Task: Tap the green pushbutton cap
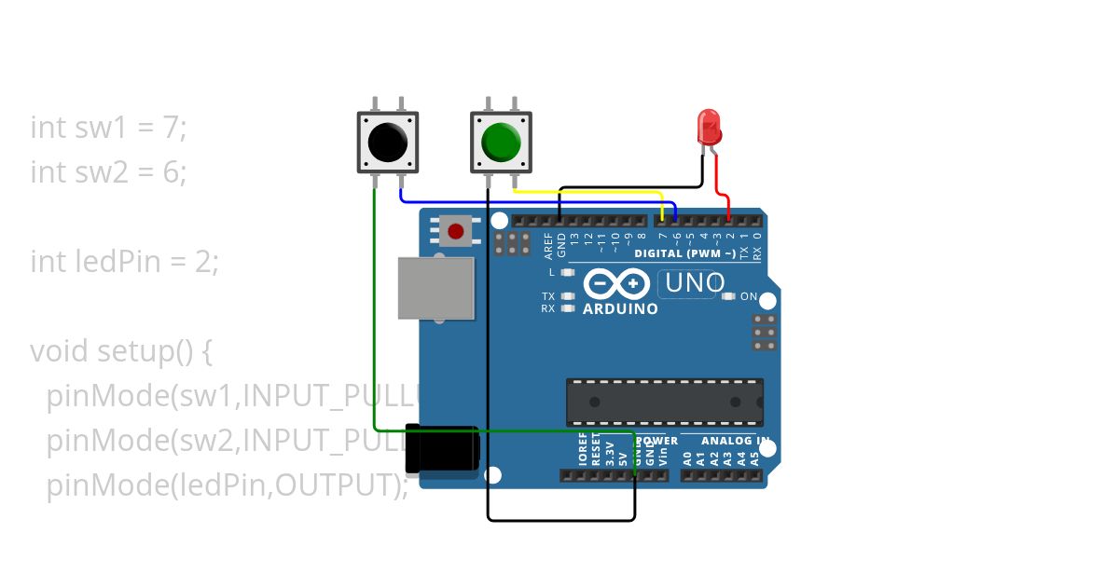501,143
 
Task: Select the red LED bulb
709,125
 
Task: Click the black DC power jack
442,449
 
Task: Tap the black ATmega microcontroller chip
665,402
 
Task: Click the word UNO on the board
691,282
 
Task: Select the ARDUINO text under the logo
620,308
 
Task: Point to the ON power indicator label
748,296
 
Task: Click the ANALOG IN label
736,441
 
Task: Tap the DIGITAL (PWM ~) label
684,253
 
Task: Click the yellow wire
587,192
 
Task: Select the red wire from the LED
720,186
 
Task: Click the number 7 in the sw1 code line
169,128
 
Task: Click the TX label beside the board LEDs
548,296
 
